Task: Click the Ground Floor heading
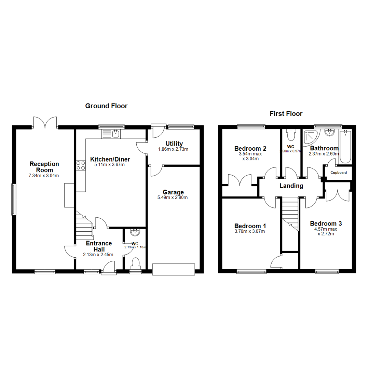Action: [106, 106]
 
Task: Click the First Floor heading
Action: [286, 113]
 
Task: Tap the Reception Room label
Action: [44, 167]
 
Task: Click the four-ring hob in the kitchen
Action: [81, 166]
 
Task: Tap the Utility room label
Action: [174, 143]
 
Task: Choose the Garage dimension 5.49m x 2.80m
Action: [173, 197]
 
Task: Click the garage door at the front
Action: [173, 269]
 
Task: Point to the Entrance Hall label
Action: [99, 246]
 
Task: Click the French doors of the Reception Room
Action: [45, 123]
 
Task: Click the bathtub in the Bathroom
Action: [345, 147]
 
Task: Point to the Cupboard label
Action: [338, 173]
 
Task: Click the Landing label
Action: [291, 186]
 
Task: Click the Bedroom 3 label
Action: [326, 223]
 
